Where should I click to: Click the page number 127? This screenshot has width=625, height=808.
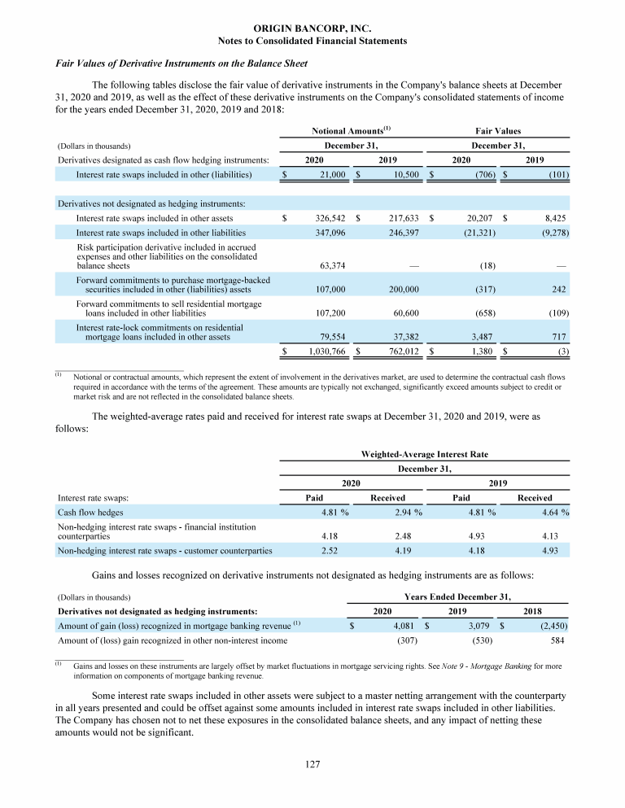[x=312, y=764]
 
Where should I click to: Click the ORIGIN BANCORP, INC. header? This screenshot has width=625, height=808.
[x=312, y=28]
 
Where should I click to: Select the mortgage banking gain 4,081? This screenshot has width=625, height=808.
[x=402, y=626]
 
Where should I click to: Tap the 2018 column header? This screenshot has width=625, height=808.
[x=533, y=610]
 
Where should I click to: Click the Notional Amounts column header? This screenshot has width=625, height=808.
[x=352, y=131]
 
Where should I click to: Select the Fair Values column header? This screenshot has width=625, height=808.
[x=498, y=131]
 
